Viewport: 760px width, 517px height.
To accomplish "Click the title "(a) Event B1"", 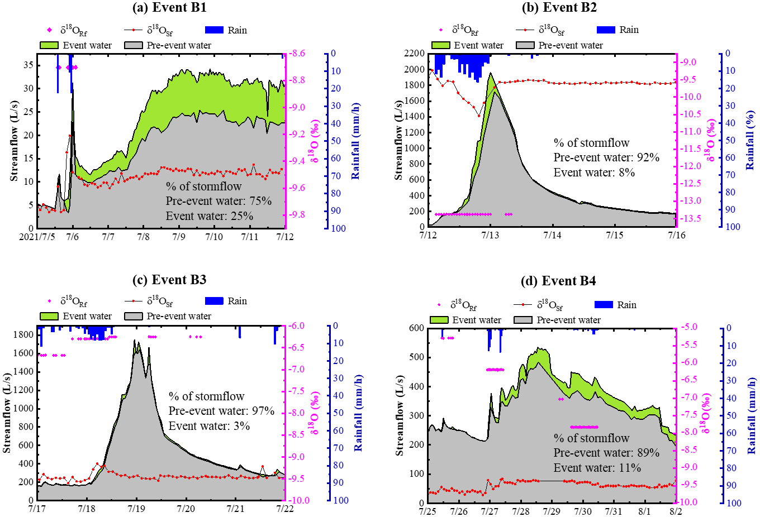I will pos(169,7).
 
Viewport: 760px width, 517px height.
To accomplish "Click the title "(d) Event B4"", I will pos(558,280).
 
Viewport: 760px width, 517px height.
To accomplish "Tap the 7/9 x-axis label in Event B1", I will pos(178,237).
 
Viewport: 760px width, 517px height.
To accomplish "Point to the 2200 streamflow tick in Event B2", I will pos(414,54).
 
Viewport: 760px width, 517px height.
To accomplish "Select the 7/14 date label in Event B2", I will pos(552,235).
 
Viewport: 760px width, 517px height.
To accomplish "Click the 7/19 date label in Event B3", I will pos(136,509).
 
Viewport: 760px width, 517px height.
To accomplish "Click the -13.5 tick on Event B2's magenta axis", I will pos(691,218).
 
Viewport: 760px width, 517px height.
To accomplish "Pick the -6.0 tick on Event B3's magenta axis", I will pos(298,325).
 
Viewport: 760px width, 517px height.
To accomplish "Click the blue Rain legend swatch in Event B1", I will pos(214,30).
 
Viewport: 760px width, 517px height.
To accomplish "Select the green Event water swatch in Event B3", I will pos(49,316).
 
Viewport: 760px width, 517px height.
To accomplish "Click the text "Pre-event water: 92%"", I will pos(606,157).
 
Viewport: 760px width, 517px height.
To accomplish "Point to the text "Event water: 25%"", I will pos(210,216).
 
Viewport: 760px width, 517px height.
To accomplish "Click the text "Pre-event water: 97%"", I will pos(221,411).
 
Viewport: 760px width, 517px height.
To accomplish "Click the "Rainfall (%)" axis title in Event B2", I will pos(750,141).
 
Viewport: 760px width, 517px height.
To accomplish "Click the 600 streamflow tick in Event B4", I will pos(416,328).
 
